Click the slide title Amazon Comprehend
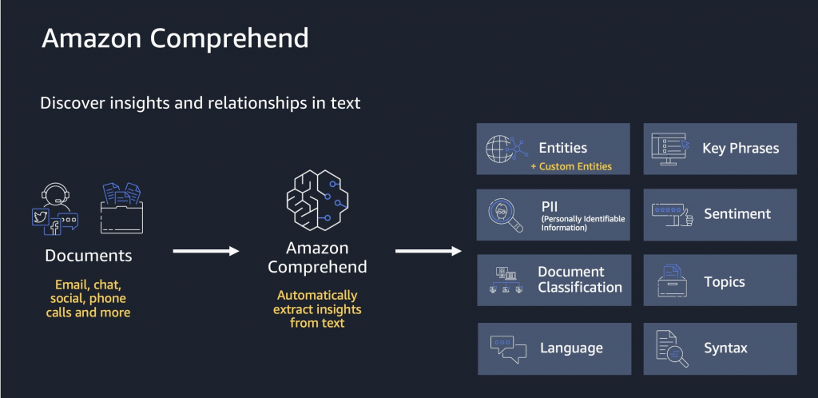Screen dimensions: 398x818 175,39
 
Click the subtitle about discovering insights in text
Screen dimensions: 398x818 200,103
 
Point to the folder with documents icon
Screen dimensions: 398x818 121,209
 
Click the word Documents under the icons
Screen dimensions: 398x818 89,257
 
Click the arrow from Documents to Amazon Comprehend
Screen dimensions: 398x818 206,251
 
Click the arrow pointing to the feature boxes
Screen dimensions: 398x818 428,251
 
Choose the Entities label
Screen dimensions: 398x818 563,148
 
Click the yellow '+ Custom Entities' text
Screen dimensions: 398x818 570,166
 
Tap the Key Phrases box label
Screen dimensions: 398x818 741,148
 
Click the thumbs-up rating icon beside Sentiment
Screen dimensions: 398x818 671,214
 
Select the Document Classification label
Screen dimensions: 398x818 580,280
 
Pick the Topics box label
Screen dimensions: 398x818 725,281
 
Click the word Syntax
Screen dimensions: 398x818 725,348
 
